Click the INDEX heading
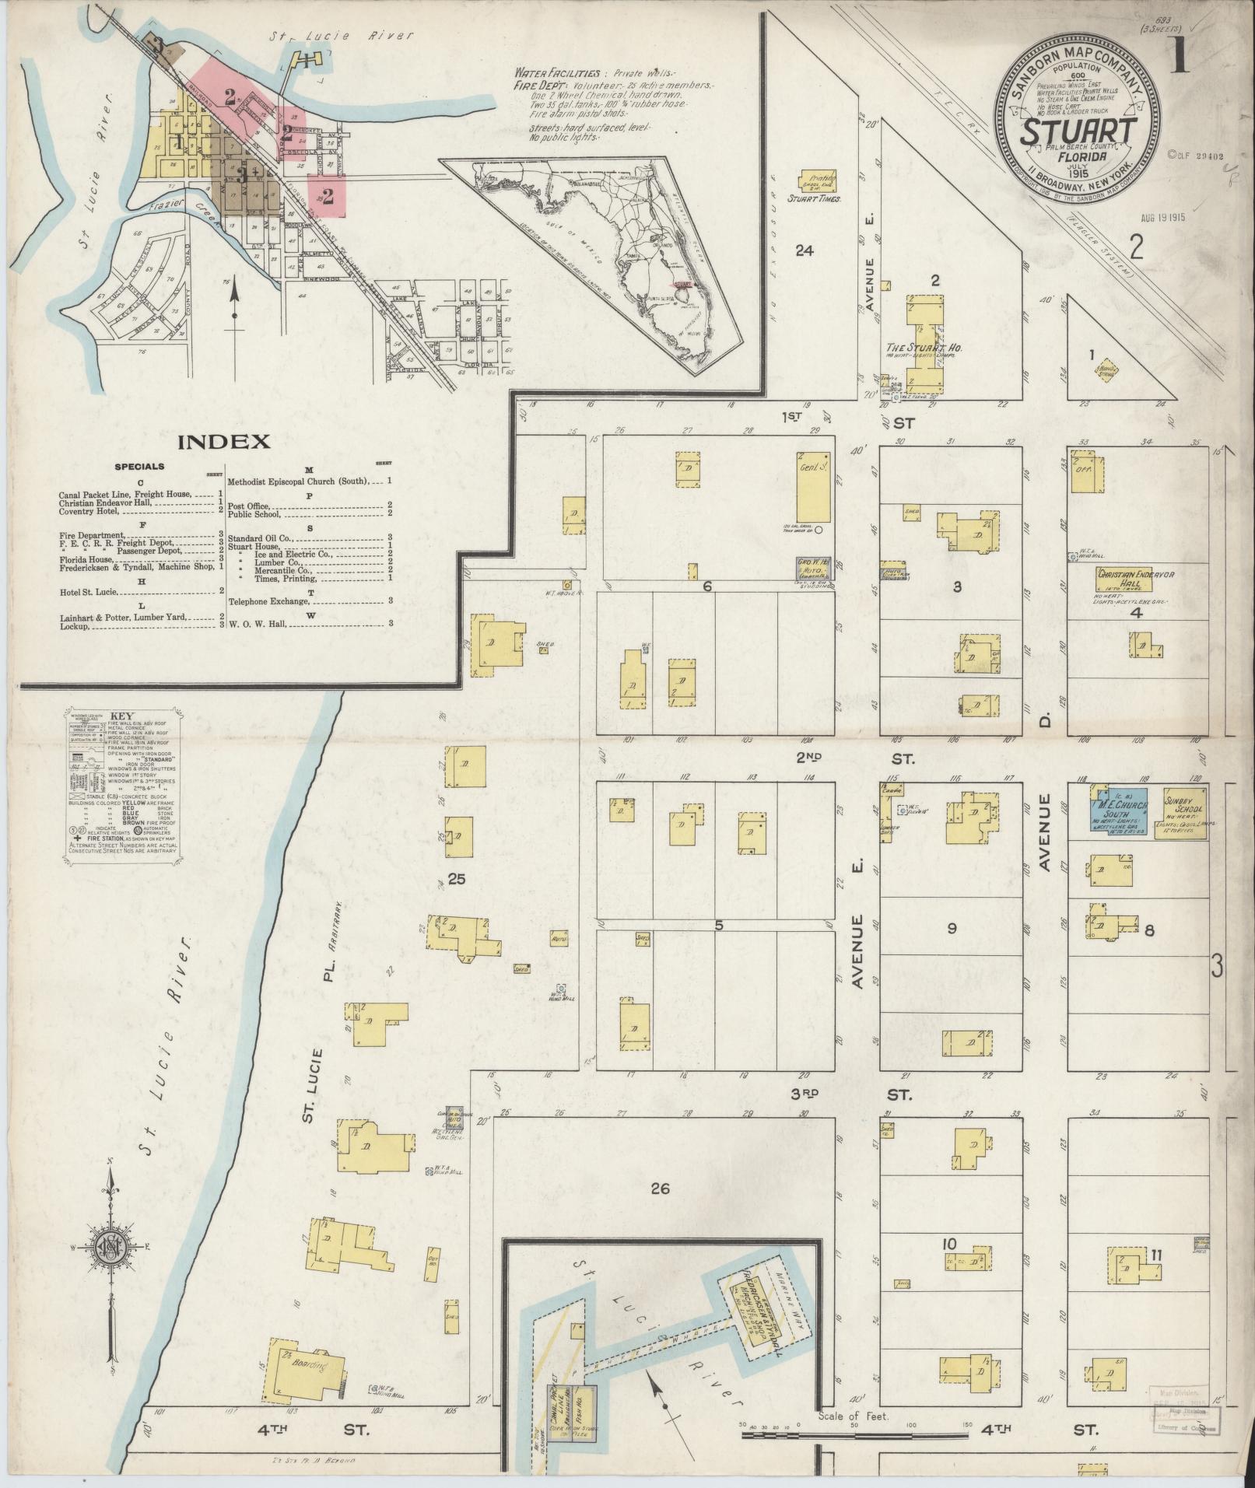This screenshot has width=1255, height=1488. pos(225,442)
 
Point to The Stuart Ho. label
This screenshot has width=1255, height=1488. pos(923,348)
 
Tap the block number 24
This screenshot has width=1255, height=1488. pos(804,250)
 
